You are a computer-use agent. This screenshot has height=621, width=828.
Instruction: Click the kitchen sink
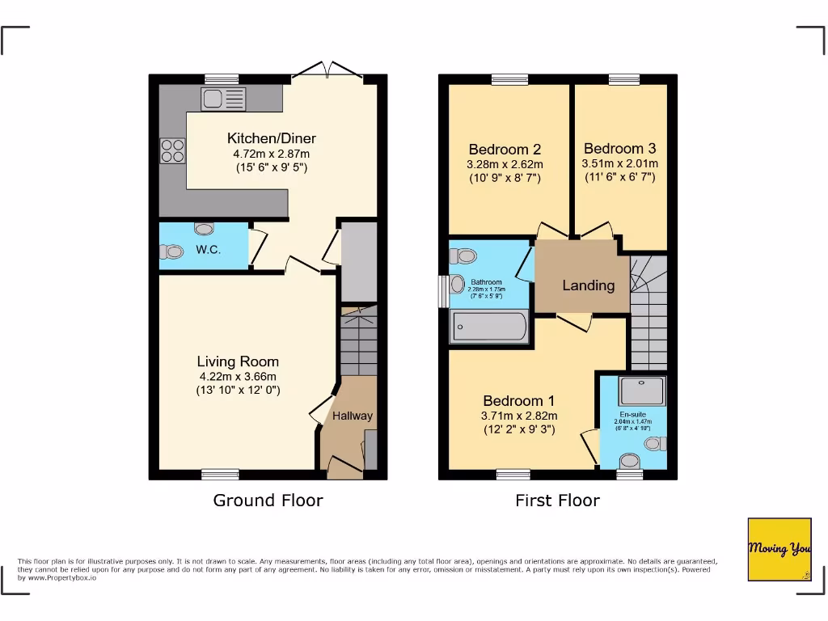click(222, 100)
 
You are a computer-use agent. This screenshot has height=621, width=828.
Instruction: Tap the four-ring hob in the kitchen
click(172, 151)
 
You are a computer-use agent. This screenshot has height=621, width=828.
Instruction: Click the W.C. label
click(208, 250)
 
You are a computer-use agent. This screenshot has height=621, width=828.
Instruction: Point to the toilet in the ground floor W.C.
click(171, 252)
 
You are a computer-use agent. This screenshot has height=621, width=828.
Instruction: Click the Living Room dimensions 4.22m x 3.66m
click(239, 376)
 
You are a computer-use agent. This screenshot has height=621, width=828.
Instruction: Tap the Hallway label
click(353, 416)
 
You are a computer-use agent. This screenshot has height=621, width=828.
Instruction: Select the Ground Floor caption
click(268, 501)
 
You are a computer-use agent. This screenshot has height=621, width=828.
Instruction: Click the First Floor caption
click(557, 501)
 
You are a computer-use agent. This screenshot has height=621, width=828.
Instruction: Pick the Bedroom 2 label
click(505, 150)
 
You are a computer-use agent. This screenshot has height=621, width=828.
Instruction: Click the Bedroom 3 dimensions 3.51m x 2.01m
click(619, 163)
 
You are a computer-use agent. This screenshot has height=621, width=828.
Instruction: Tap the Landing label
click(588, 285)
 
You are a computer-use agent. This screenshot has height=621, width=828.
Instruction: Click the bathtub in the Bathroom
click(489, 327)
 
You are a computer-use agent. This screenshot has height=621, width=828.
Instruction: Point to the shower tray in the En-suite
click(643, 391)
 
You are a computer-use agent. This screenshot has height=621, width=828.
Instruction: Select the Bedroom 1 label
click(519, 401)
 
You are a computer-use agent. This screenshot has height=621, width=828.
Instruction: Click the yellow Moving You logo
click(779, 549)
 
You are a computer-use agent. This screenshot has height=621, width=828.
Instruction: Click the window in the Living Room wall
click(220, 474)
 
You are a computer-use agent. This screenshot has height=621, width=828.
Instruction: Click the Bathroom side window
click(443, 291)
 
